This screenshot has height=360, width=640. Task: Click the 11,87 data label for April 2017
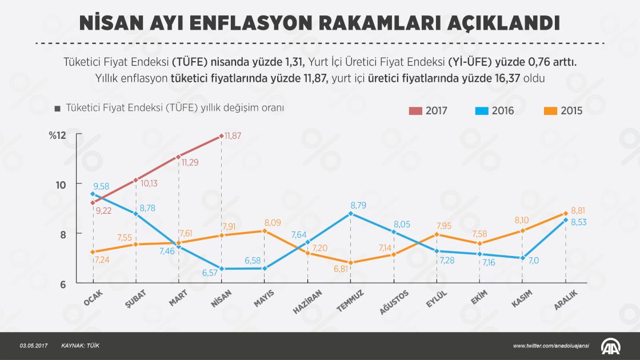pos(233,136)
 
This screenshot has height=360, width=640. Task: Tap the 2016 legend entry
pos(494,111)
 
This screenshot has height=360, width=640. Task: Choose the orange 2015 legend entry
pos(563,111)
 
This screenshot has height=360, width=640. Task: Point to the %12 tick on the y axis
pos(58,135)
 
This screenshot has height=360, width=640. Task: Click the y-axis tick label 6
pos(62,284)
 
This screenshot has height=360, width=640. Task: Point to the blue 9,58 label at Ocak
pos(101,186)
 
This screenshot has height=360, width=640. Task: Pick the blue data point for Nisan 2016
pos(221,269)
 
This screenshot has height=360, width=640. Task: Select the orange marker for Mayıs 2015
pos(264,231)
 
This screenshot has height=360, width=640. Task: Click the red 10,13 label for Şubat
pos(149,184)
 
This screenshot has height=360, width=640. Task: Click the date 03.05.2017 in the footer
pos(33,346)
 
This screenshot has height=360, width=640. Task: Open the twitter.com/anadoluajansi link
pos(551,346)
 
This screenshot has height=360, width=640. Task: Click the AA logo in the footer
pos(611,346)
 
